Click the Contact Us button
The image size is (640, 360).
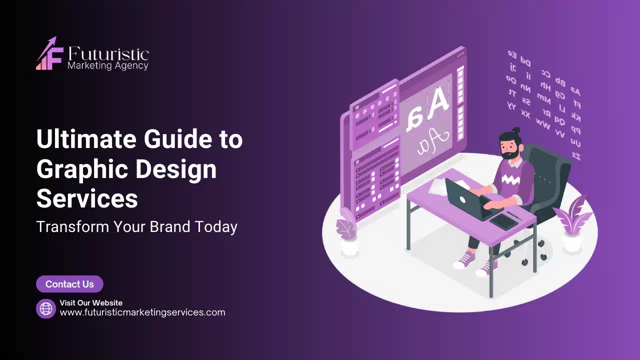coord(69,284)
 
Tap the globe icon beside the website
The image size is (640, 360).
coord(46,308)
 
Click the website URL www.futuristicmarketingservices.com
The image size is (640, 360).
coord(142,312)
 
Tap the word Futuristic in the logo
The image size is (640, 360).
coord(108,54)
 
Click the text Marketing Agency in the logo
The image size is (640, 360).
coord(108,65)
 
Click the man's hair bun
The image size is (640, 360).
coord(516,130)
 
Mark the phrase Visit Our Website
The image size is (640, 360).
coord(91,302)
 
